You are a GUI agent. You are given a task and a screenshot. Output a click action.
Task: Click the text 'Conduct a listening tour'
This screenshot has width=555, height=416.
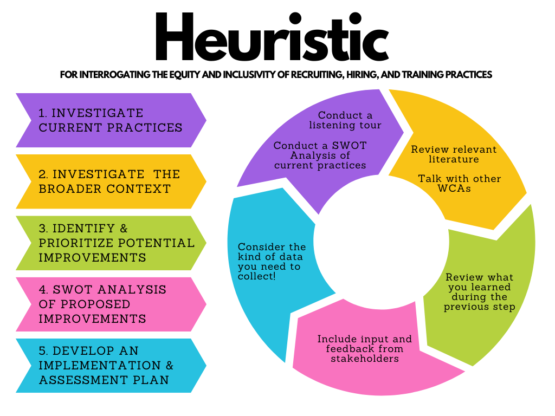coord(345,120)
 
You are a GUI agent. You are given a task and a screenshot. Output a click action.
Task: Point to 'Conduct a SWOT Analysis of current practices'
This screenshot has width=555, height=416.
coord(320,155)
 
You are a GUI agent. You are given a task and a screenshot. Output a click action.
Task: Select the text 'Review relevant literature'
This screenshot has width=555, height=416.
coord(454,154)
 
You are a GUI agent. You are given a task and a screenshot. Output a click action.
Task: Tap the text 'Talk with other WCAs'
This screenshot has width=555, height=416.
coord(459,184)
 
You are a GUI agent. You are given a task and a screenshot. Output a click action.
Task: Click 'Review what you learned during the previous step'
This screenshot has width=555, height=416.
coord(479,292)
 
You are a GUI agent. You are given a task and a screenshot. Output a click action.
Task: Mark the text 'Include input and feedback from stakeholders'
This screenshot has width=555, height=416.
coord(364,349)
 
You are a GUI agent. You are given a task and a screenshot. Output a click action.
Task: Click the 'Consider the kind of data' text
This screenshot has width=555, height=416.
coord(272,262)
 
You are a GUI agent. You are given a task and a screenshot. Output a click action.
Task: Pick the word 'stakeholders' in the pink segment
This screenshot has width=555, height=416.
coord(364,359)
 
